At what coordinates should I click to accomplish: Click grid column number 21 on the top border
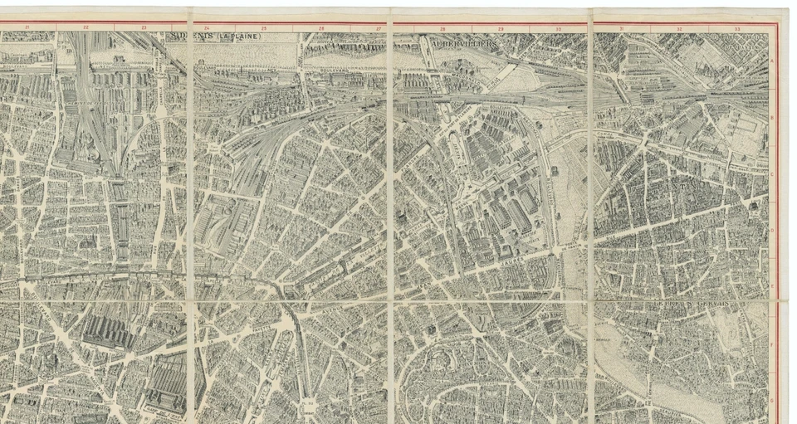coord(27,27)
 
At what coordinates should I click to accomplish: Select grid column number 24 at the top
coord(207,27)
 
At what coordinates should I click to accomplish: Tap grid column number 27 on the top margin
coord(379,27)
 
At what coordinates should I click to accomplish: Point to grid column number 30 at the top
coord(558,27)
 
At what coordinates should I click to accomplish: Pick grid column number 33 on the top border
coord(737,27)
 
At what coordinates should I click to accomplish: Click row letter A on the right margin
coord(773,61)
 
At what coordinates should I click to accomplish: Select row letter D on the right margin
coord(773,231)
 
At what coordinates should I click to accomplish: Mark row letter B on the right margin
coord(773,118)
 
